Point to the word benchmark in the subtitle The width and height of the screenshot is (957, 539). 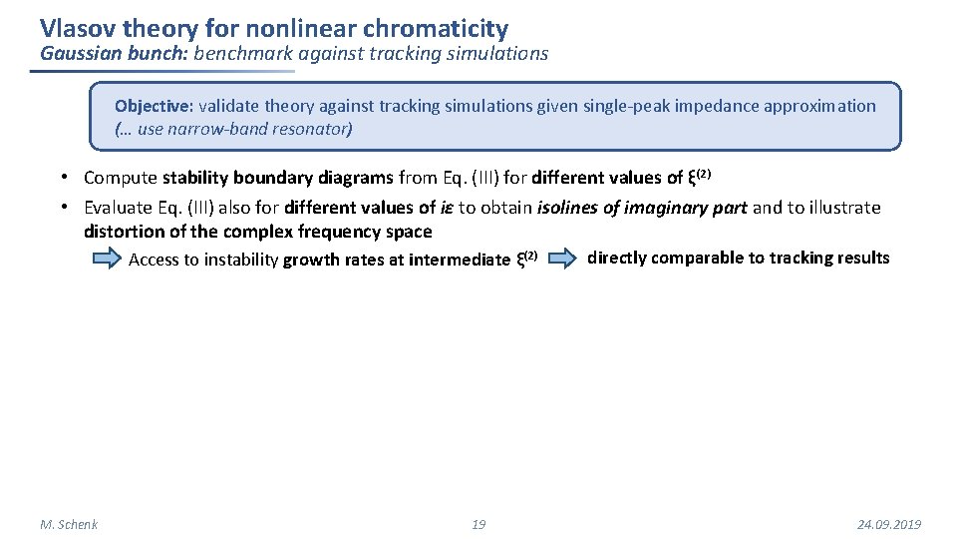tap(239, 54)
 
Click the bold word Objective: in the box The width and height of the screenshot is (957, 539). tap(155, 106)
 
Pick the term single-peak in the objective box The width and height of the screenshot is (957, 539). tap(580, 106)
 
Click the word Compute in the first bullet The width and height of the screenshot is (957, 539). tap(121, 178)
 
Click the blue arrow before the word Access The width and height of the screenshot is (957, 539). tap(106, 260)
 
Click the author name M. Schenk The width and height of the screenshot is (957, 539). tap(69, 524)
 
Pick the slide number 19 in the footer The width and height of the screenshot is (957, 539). tap(478, 524)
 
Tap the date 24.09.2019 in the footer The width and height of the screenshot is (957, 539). tap(889, 524)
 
